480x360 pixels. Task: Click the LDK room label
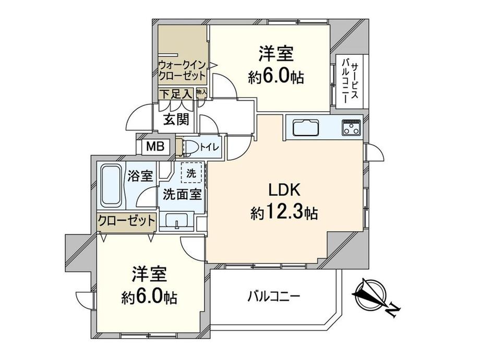point(285,190)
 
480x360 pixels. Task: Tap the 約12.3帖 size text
point(284,212)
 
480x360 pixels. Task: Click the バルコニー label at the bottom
point(274,296)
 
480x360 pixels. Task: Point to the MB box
point(155,146)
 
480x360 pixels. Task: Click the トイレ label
point(209,147)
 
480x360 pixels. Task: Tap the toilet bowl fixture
point(188,147)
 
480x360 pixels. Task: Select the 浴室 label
point(140,176)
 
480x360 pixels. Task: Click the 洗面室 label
point(182,194)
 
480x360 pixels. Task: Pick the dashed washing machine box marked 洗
point(191,173)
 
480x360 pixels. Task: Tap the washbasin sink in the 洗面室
point(177,220)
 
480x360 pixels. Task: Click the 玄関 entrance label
point(176,119)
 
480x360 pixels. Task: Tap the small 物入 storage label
point(201,91)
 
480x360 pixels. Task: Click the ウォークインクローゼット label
point(182,70)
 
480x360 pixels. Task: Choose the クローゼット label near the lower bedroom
point(126,220)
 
